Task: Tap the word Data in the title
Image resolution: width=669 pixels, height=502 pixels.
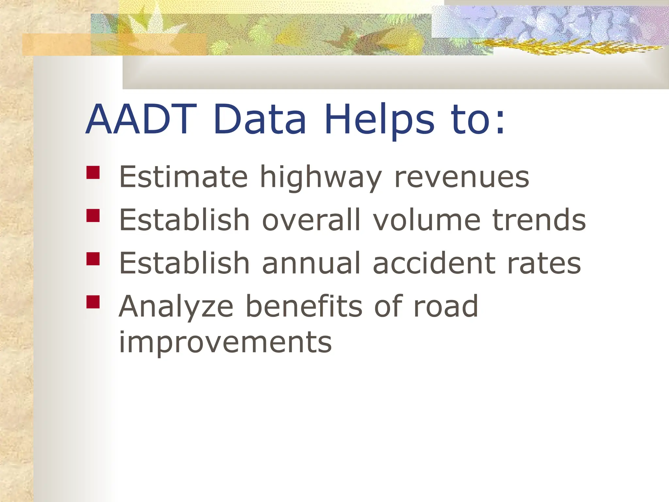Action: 260,119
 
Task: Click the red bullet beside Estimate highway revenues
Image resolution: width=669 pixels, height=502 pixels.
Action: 93,173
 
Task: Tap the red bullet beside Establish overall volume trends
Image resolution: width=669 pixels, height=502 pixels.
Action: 93,216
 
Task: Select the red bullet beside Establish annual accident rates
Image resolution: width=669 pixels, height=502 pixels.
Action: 93,259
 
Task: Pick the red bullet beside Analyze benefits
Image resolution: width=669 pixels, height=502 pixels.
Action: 93,302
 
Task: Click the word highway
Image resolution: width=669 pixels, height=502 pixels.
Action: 320,178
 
